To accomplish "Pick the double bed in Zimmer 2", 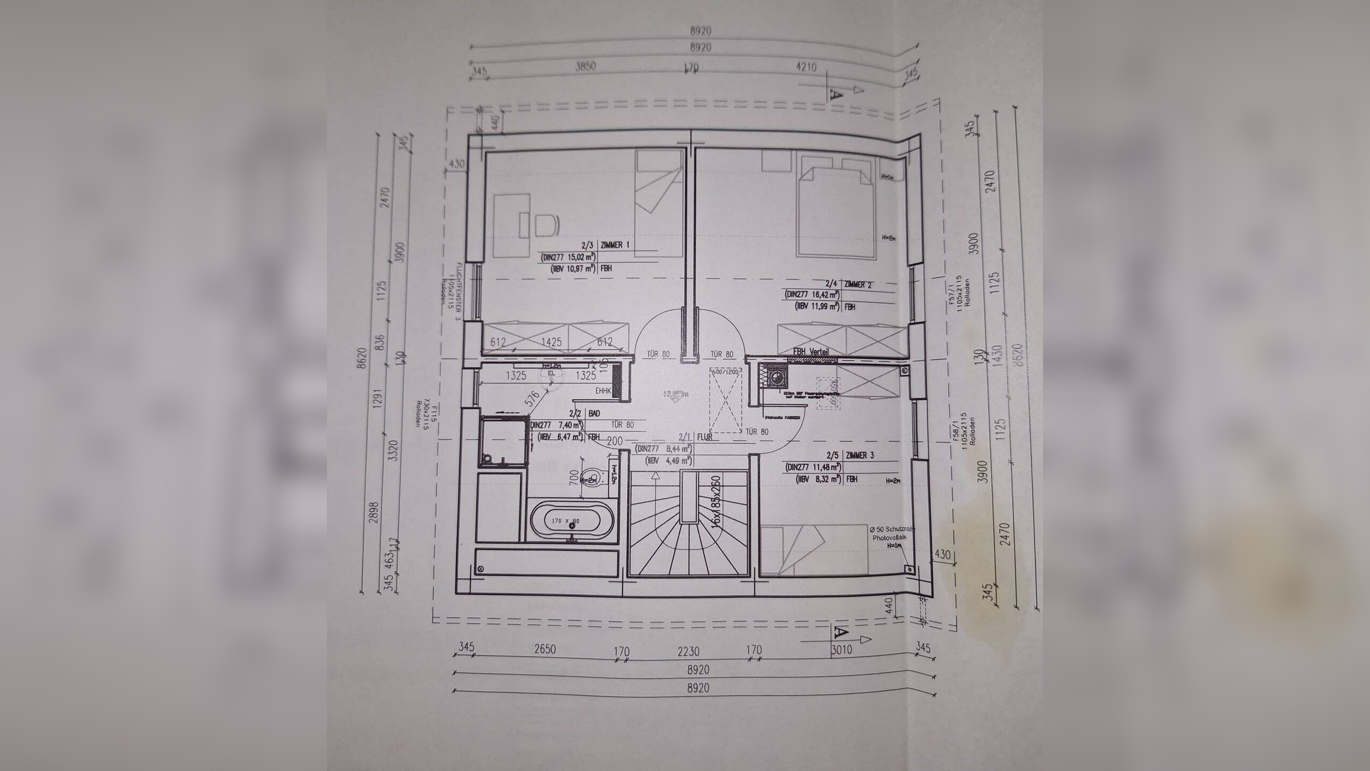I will tap(835, 213).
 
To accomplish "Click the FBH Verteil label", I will tap(811, 352).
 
